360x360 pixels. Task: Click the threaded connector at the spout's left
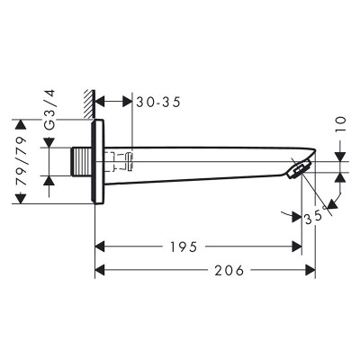point(81,163)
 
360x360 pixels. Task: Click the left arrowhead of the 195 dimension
point(100,246)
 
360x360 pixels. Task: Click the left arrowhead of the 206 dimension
point(100,269)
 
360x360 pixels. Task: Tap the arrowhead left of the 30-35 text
point(100,103)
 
